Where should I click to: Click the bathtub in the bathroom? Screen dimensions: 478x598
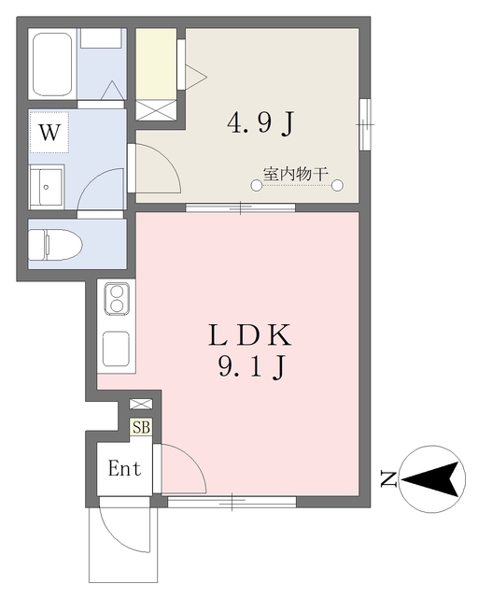(52, 64)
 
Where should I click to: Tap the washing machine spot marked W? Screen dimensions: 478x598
(49, 132)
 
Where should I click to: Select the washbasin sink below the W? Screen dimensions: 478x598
(47, 187)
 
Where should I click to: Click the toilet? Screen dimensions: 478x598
(55, 245)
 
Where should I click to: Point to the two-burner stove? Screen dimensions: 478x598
(117, 299)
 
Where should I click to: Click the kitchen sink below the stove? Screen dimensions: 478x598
(117, 349)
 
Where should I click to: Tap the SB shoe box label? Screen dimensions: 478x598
(141, 427)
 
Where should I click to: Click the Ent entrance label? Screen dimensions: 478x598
(124, 468)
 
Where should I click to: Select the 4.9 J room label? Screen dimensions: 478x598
(261, 123)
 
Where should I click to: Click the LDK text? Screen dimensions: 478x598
(250, 335)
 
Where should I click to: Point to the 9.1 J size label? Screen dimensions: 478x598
(251, 366)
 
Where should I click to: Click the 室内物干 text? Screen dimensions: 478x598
(296, 174)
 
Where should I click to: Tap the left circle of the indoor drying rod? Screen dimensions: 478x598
(257, 186)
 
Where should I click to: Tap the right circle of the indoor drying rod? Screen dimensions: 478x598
(337, 186)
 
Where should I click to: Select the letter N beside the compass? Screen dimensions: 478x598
(388, 479)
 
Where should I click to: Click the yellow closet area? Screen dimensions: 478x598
(156, 64)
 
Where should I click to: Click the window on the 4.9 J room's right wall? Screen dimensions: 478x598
(365, 124)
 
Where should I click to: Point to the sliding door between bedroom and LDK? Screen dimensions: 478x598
(241, 207)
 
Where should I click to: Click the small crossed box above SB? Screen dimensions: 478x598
(141, 404)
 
